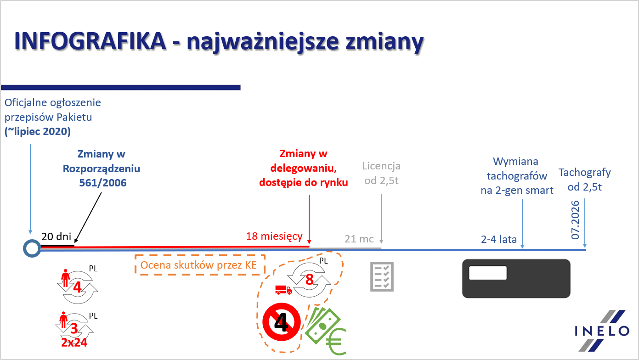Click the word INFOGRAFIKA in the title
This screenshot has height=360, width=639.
[90, 41]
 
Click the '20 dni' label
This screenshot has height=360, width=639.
[56, 236]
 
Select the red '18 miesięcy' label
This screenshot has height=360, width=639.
[274, 236]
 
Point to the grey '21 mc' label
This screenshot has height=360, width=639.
[359, 239]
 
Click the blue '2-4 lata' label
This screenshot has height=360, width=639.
[498, 239]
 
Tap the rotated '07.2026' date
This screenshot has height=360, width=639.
[576, 220]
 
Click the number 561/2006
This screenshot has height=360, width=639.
[103, 183]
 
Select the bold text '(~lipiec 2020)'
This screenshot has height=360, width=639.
[38, 131]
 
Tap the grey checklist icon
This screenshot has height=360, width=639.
[382, 276]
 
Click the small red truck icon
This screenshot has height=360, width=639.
[283, 290]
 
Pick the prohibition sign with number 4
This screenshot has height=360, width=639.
[282, 322]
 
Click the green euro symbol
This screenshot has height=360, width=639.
[336, 342]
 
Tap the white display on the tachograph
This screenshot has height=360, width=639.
[488, 273]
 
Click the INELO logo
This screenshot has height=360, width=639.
[602, 331]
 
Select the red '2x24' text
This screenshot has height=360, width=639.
[74, 343]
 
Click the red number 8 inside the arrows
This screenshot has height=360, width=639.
[310, 280]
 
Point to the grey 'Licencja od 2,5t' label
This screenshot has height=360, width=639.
[381, 173]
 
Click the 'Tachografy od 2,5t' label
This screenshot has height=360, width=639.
[584, 180]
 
